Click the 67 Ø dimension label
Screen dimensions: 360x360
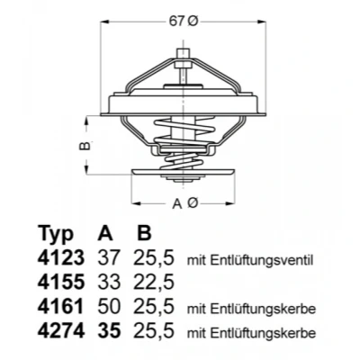click(x=184, y=22)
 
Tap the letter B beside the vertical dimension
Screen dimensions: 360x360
click(x=85, y=146)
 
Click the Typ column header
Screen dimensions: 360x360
click(x=56, y=234)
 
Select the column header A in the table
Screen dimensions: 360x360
click(x=105, y=232)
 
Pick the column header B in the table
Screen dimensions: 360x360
click(x=144, y=232)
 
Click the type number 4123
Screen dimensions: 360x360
click(x=61, y=257)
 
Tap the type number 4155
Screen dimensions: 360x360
click(x=60, y=282)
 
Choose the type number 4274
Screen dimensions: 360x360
click(x=61, y=331)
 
